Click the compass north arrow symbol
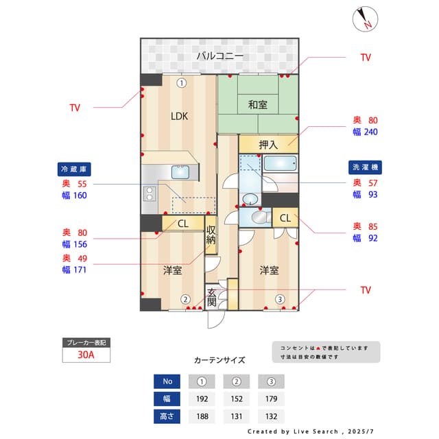(364, 19)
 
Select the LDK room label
(179, 116)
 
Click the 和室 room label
(258, 105)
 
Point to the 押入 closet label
(268, 145)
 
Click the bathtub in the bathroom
(281, 165)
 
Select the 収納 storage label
(211, 235)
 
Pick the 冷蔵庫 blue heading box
(75, 169)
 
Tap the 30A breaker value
(86, 355)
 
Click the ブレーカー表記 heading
(86, 342)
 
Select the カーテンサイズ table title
(219, 359)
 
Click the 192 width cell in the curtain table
(202, 399)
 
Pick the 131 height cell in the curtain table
(235, 416)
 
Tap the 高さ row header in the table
(167, 416)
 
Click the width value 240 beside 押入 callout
(370, 132)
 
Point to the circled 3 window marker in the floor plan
(280, 299)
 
